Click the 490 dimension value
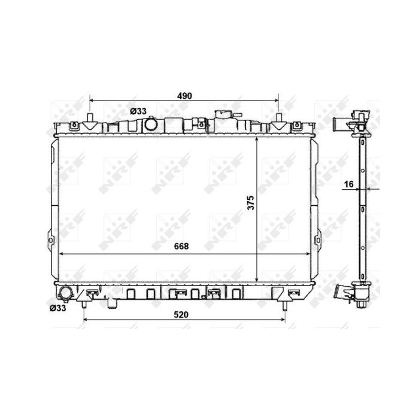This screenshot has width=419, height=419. pyautogui.click(x=184, y=96)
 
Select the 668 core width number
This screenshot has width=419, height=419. pyautogui.click(x=181, y=246)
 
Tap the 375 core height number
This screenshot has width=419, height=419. pyautogui.click(x=251, y=202)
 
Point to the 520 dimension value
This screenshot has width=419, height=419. pyautogui.click(x=181, y=315)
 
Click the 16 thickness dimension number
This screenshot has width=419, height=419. pyautogui.click(x=349, y=184)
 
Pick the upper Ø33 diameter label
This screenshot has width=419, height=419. pyautogui.click(x=138, y=111)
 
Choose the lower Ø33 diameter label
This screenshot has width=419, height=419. pyautogui.click(x=57, y=308)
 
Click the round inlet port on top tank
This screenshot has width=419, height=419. pyautogui.click(x=151, y=125)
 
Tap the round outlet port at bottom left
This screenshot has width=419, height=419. pyautogui.click(x=65, y=293)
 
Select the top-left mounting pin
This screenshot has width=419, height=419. pyautogui.click(x=90, y=117)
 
